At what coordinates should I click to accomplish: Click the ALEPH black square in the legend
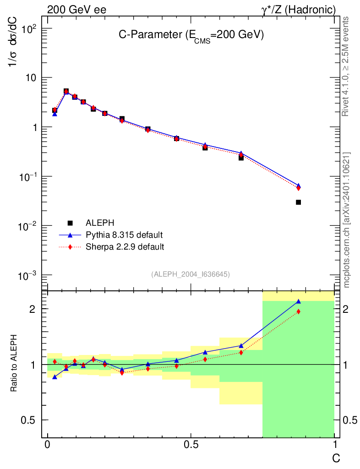click(x=70, y=223)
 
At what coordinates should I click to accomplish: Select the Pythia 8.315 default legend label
click(x=124, y=235)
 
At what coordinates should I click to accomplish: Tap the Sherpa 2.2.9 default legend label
click(x=125, y=247)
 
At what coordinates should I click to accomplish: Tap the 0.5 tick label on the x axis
click(x=191, y=445)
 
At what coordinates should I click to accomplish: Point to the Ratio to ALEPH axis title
click(x=14, y=364)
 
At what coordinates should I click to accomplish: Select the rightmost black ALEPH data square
click(x=298, y=202)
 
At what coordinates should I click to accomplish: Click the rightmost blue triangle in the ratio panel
click(x=298, y=301)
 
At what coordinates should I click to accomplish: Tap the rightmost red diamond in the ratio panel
click(x=298, y=311)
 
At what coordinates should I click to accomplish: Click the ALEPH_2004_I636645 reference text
click(x=191, y=274)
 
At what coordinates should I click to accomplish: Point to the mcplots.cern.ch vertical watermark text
click(x=347, y=220)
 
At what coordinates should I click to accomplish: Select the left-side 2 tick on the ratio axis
click(x=32, y=309)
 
